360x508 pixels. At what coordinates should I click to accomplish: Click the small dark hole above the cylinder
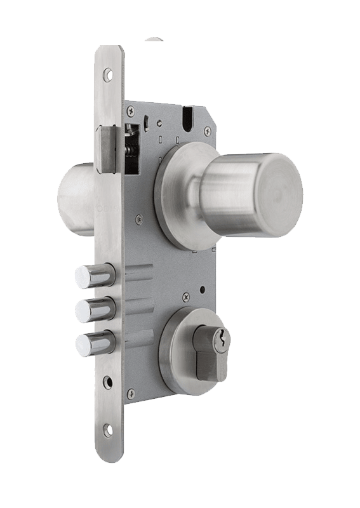pyautogui.click(x=202, y=290)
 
